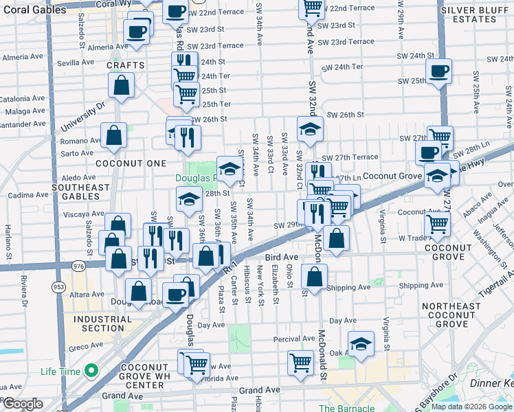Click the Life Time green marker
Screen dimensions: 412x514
pyautogui.click(x=90, y=372)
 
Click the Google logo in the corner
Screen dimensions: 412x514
pyautogui.click(x=22, y=404)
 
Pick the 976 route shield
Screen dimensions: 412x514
pyautogui.click(x=78, y=265)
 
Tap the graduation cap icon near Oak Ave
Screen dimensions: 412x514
pyautogui.click(x=361, y=345)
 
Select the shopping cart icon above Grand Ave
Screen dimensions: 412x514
pyautogui.click(x=300, y=362)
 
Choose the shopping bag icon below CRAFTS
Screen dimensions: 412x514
pyautogui.click(x=121, y=86)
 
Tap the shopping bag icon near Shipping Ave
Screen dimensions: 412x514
pyautogui.click(x=314, y=277)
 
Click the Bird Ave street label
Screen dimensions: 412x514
pyautogui.click(x=279, y=255)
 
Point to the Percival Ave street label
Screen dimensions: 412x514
pyautogui.click(x=293, y=339)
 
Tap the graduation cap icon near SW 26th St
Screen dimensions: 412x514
pyautogui.click(x=310, y=128)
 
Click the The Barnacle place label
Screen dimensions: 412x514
pyautogui.click(x=346, y=408)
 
